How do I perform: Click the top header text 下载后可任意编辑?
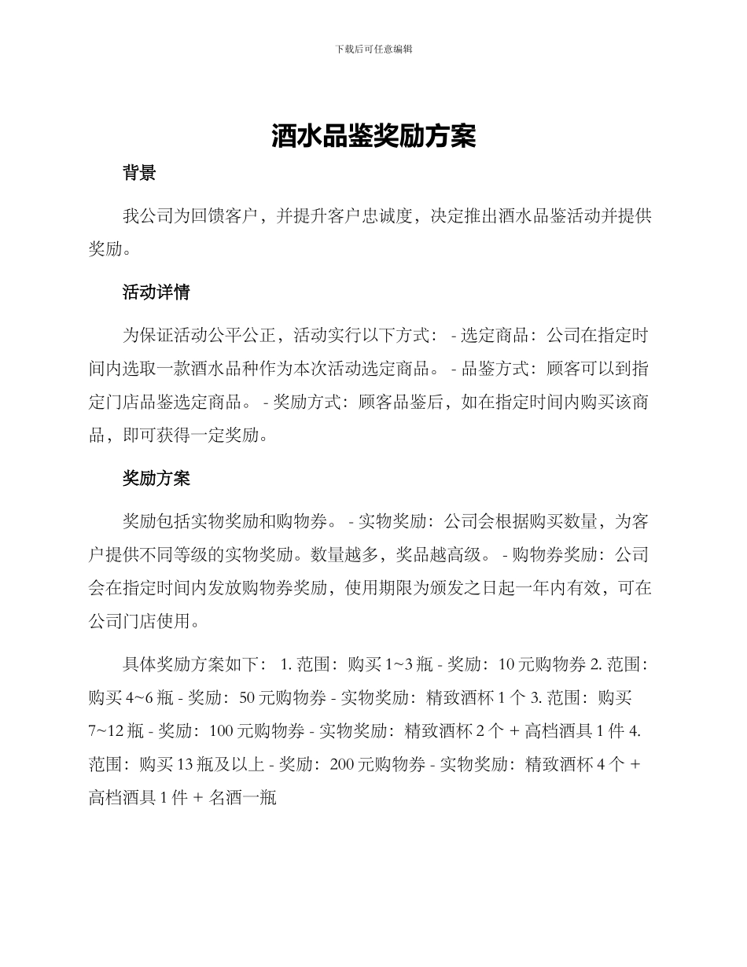coord(373,49)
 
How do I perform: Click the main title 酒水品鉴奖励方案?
coord(373,137)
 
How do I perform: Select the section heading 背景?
coord(139,174)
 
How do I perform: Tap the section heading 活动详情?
coord(156,292)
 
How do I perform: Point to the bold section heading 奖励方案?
coord(156,478)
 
